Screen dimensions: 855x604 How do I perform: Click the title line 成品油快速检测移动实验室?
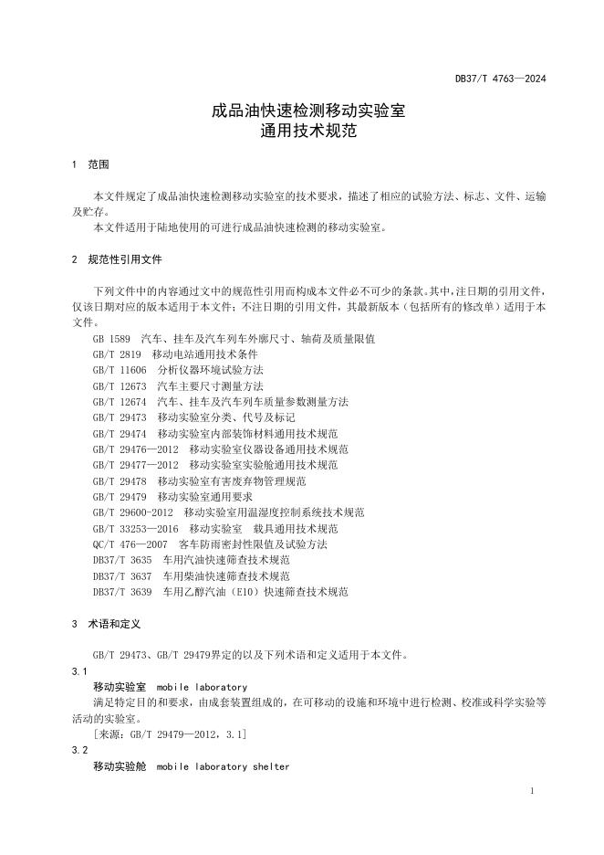click(301, 111)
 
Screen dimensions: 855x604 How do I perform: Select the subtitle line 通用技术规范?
click(301, 131)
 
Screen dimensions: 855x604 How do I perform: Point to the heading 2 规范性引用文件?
click(116, 259)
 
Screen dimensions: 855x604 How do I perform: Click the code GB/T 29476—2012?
click(136, 449)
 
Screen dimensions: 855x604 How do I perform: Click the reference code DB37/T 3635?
click(122, 560)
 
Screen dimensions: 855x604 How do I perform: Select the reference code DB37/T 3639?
click(122, 592)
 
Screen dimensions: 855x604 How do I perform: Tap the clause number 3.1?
click(78, 671)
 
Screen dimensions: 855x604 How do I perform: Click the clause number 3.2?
click(78, 750)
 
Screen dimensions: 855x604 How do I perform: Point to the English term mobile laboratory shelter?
click(223, 766)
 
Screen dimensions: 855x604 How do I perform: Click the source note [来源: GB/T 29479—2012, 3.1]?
click(169, 734)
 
